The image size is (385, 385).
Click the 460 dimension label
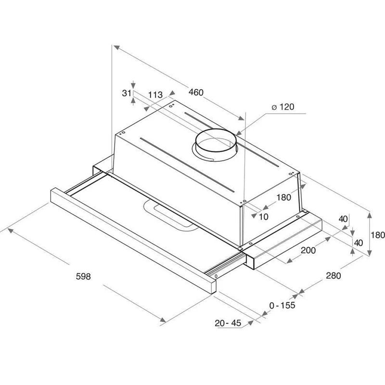point(196,92)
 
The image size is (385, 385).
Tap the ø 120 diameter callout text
point(282,107)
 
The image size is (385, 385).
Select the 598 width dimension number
point(83,276)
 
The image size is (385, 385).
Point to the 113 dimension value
point(155,94)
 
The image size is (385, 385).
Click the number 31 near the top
point(127,93)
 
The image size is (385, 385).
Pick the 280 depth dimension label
point(334,276)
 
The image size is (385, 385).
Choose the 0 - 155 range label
point(282,305)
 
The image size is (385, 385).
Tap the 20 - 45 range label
point(228,323)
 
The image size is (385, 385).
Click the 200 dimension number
point(308,250)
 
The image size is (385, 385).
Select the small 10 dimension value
point(264,217)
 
